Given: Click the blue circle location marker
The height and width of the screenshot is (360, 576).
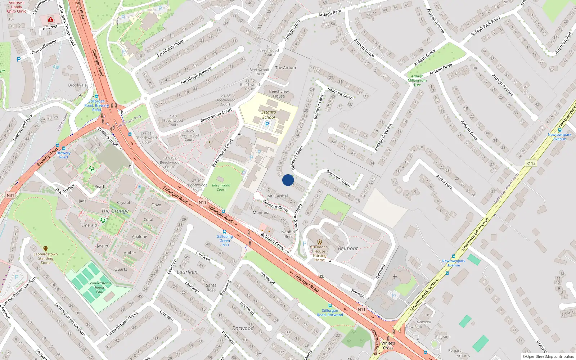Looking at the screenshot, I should point(288,180).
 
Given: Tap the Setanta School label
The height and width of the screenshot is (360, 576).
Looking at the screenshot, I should point(269,114).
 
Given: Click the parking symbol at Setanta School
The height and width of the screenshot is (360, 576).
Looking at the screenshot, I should point(267,124).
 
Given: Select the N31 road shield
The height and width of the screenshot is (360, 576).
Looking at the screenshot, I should point(10,195).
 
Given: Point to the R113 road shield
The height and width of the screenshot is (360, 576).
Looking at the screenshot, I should point(531,163).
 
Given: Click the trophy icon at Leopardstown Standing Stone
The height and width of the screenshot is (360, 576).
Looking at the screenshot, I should point(46,249).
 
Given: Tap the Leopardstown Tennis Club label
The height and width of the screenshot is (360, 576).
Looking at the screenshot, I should point(100,287).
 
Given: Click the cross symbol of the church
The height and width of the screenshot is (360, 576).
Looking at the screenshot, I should point(395,277).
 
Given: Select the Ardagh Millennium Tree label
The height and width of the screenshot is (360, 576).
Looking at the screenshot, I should point(417,80).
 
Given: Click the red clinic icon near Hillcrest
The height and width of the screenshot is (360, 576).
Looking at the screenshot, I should point(51,19).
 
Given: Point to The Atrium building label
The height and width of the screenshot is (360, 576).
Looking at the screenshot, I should point(285,68).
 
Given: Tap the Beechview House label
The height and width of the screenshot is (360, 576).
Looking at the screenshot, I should point(279,94).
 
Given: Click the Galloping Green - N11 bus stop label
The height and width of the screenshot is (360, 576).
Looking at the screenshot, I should point(225,240).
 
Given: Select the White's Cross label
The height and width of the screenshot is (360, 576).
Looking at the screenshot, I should point(388,345).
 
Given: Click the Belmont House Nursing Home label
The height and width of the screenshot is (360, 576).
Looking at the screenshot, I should point(320,253).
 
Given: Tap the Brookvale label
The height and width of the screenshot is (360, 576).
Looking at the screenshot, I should point(77,85).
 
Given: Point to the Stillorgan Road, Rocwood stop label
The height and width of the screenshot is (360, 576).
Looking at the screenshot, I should point(330,312).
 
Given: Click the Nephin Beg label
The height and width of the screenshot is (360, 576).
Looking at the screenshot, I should point(288,234).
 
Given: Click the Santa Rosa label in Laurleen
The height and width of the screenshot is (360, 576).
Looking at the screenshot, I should point(211,287).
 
